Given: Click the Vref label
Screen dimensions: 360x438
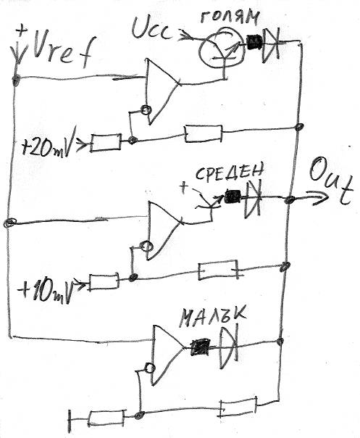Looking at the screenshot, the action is click(62, 51).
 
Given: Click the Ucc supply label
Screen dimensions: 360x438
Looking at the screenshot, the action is click(151, 28).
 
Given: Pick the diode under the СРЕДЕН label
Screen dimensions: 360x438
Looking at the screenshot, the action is click(253, 198).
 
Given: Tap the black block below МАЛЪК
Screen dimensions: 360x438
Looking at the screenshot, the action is click(200, 347).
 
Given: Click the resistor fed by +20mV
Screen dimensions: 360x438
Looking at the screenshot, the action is click(106, 143).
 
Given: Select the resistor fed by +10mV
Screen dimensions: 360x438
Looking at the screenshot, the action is click(104, 282).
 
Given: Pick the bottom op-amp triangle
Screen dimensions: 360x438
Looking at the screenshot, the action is click(167, 354).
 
